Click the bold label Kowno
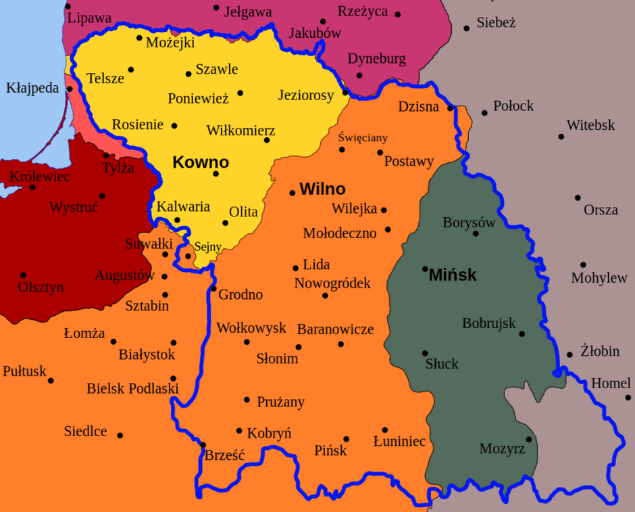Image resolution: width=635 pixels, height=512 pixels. pos(201,162)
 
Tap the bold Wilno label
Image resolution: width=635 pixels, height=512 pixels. pos(322,189)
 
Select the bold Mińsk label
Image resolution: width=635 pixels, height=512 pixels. pos(453,275)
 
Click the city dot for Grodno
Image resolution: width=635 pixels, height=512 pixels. pos(213,289)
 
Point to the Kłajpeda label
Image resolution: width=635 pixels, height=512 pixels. pos(32,88)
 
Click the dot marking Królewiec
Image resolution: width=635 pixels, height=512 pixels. pos(32,187)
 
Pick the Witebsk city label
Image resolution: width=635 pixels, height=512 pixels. pos(590,125)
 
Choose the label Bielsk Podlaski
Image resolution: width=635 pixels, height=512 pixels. pos(132,389)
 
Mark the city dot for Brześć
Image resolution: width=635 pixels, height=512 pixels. pos(203,444)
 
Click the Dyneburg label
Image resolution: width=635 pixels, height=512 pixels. pos(377,59)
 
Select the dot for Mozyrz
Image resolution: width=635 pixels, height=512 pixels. pos(528,439)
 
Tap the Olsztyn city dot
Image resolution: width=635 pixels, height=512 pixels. pos(23,275)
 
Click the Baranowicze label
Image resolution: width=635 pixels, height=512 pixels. pos(335,329)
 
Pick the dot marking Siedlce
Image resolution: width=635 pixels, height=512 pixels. pos(120,435)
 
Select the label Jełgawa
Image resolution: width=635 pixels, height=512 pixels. pos(247,12)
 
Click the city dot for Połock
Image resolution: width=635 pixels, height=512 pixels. pos(484,113)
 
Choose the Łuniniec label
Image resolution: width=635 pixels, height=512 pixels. pos(399,442)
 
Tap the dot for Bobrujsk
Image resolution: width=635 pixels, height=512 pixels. pos(522,333)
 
